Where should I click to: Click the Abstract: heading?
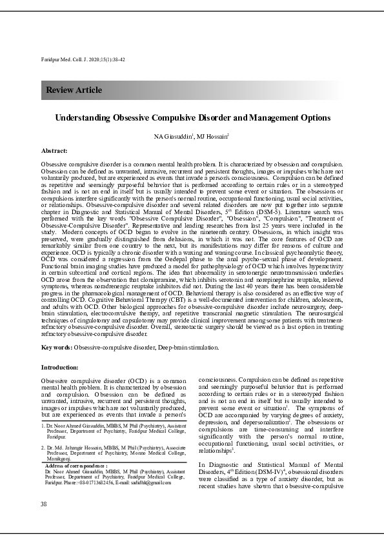[x=54, y=150]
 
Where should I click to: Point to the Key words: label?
[x=56, y=347]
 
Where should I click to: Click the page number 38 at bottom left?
[x=43, y=503]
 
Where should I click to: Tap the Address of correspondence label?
[x=76, y=465]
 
